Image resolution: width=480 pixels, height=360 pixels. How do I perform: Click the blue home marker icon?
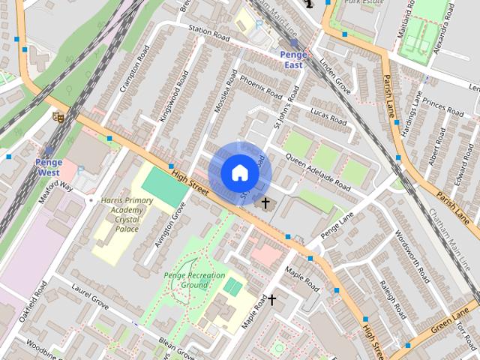[239, 172]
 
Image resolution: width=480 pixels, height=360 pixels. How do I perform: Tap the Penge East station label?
[292, 59]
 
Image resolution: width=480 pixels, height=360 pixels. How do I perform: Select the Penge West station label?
[49, 166]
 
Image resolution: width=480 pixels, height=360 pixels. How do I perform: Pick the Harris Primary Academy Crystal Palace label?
[118, 214]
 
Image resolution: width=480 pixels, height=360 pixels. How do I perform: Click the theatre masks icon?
[57, 116]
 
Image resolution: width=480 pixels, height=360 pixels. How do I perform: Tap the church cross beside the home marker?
[265, 202]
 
